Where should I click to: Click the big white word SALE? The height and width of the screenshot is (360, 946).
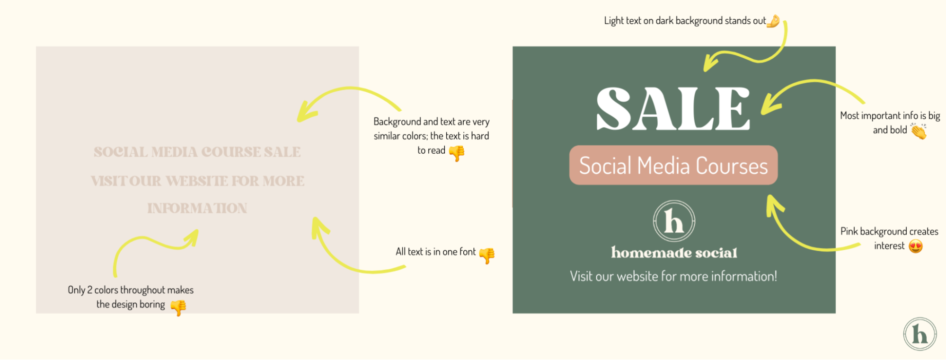(673, 109)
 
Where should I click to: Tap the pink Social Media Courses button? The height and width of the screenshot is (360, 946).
(673, 165)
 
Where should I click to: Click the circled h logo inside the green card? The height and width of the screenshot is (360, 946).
(674, 221)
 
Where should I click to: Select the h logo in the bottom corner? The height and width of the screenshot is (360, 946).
(919, 334)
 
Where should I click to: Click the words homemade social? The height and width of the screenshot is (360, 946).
(674, 253)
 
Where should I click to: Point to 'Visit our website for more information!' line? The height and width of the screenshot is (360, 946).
(673, 276)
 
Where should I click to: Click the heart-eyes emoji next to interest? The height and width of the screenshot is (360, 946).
(916, 246)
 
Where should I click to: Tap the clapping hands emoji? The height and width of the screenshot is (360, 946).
(919, 131)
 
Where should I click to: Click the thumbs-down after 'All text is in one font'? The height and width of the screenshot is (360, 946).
(486, 255)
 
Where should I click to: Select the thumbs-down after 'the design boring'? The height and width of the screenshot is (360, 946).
(178, 307)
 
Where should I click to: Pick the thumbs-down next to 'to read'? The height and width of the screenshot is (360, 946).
(457, 153)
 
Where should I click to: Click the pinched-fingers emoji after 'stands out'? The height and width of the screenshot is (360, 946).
(773, 21)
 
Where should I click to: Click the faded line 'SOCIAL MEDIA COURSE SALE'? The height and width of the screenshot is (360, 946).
(197, 152)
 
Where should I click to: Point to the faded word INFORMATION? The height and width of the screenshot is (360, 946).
(197, 208)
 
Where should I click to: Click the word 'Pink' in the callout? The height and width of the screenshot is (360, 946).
(849, 231)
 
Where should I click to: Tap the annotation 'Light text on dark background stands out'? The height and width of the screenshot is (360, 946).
(684, 21)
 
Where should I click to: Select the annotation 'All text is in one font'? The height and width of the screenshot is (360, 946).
(435, 252)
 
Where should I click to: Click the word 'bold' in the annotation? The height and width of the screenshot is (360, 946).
(898, 130)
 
